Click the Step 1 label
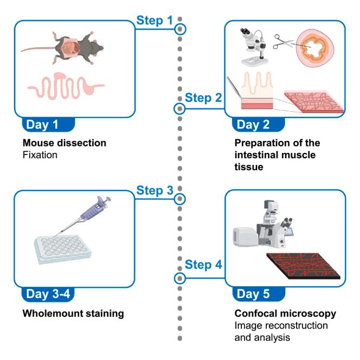point(155,20)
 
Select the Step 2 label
point(204,99)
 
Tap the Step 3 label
point(155,190)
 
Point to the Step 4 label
point(204,266)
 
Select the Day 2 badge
point(257,126)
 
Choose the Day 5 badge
point(257,295)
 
